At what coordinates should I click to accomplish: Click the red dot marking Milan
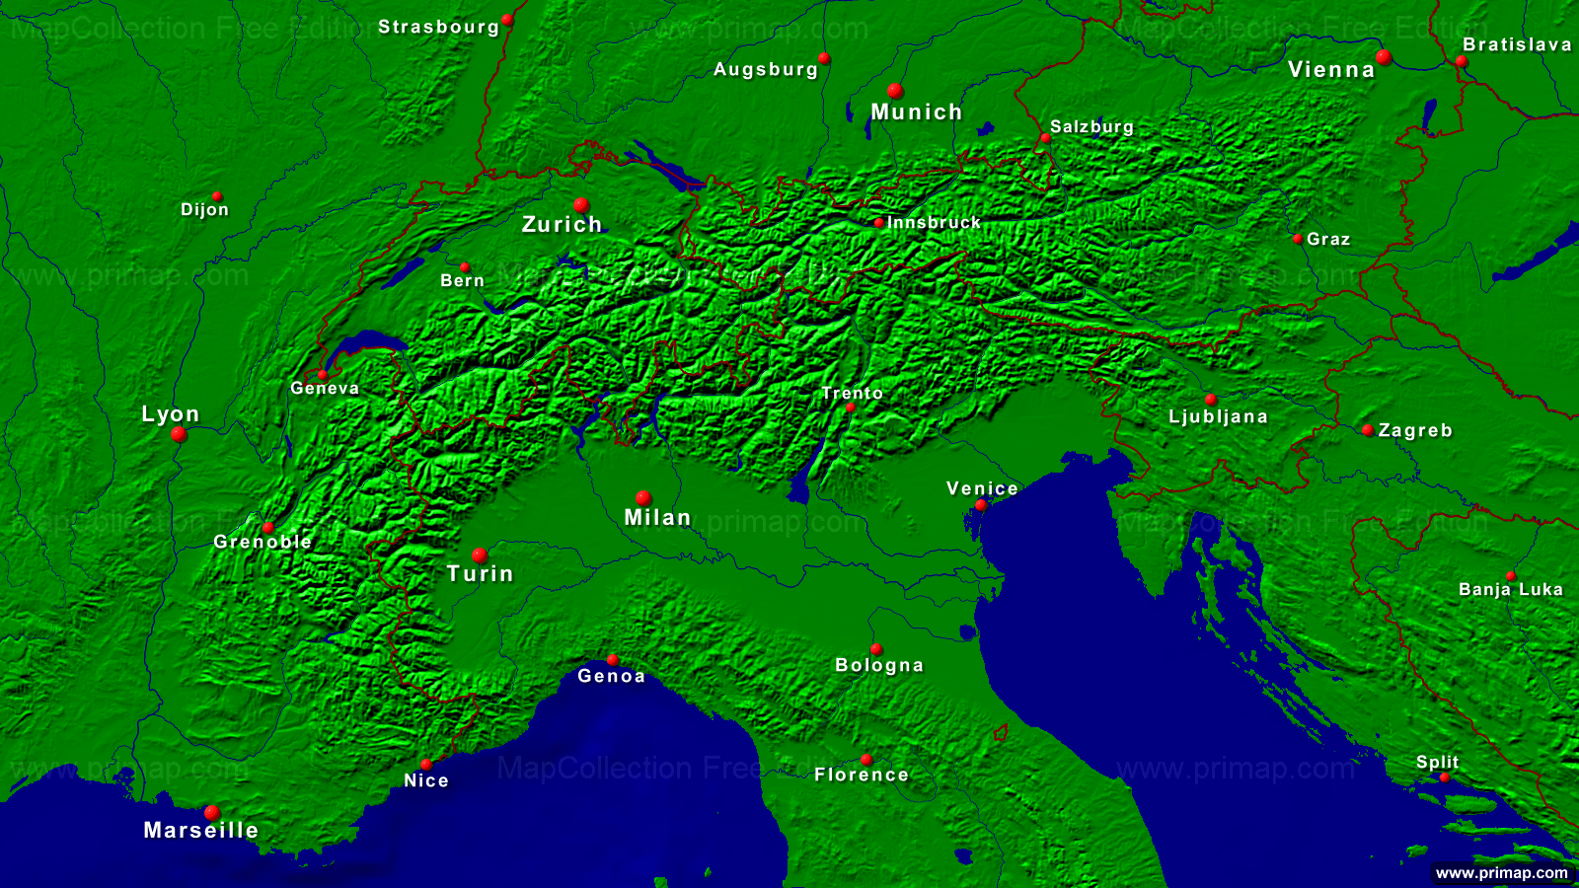(643, 498)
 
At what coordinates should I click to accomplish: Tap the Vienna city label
(1331, 70)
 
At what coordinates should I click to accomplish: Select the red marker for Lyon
(179, 434)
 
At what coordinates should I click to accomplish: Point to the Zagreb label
(1415, 431)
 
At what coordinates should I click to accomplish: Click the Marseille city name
(201, 831)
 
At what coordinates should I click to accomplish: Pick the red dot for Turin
(480, 555)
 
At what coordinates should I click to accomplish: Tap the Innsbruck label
(934, 223)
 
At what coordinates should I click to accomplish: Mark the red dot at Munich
(895, 91)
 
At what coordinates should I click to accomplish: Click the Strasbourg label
(439, 28)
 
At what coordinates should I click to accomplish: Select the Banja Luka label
(1511, 590)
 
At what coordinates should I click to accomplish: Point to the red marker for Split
(1445, 777)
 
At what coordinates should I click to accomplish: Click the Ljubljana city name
(1218, 416)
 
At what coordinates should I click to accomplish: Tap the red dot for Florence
(866, 759)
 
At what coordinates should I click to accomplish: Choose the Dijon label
(204, 210)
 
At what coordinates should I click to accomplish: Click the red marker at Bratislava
(1462, 61)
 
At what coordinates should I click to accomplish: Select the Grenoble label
(263, 542)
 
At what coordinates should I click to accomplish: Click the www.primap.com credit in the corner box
(1501, 873)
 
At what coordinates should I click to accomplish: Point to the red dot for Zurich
(581, 205)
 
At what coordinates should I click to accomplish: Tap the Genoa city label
(611, 676)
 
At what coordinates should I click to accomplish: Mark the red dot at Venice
(981, 505)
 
